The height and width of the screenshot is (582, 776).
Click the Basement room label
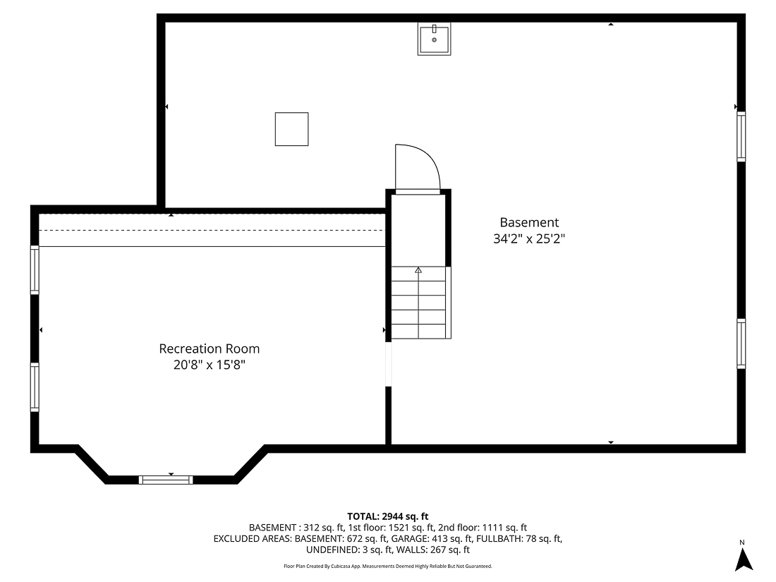tap(529, 222)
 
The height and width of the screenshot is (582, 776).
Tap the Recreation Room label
tap(209, 348)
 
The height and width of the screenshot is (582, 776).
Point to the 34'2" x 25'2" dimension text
tap(529, 239)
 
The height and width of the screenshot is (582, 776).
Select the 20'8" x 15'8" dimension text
tap(209, 365)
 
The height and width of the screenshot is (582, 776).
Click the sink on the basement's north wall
tap(434, 39)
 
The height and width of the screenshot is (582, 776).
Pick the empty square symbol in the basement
tap(291, 129)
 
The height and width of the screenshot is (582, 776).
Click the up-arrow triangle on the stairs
tap(418, 270)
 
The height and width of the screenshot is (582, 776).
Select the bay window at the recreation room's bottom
tap(166, 480)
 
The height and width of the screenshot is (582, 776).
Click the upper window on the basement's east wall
tap(741, 137)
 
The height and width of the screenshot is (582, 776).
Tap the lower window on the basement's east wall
tap(741, 344)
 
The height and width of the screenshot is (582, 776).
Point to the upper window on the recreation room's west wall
tap(35, 269)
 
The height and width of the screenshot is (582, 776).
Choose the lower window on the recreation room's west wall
tap(35, 387)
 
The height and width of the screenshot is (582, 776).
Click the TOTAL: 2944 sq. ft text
tap(387, 516)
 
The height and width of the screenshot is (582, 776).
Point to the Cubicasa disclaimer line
tap(387, 566)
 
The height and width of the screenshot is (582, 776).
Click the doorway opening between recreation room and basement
tap(387, 364)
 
